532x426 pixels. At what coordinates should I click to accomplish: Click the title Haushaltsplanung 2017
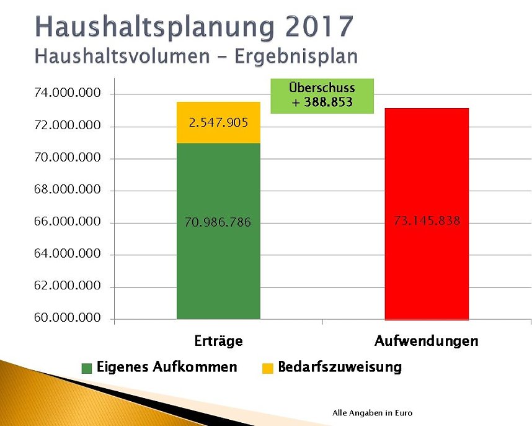[x=195, y=26]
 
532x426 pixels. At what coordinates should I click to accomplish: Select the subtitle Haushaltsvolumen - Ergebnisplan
[x=197, y=56]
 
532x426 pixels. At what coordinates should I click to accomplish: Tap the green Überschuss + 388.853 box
[x=322, y=96]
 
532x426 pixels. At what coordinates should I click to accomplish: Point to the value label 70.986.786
[x=218, y=222]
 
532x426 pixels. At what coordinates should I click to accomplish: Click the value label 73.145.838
[x=427, y=220]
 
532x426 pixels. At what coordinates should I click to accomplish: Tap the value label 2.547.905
[x=218, y=122]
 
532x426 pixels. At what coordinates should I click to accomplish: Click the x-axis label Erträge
[x=218, y=341]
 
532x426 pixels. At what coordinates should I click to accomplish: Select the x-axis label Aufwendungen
[x=427, y=341]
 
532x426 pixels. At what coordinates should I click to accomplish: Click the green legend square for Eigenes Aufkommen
[x=87, y=368]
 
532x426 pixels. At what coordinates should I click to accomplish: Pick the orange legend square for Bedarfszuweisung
[x=267, y=368]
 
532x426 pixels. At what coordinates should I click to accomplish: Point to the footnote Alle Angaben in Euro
[x=372, y=413]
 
